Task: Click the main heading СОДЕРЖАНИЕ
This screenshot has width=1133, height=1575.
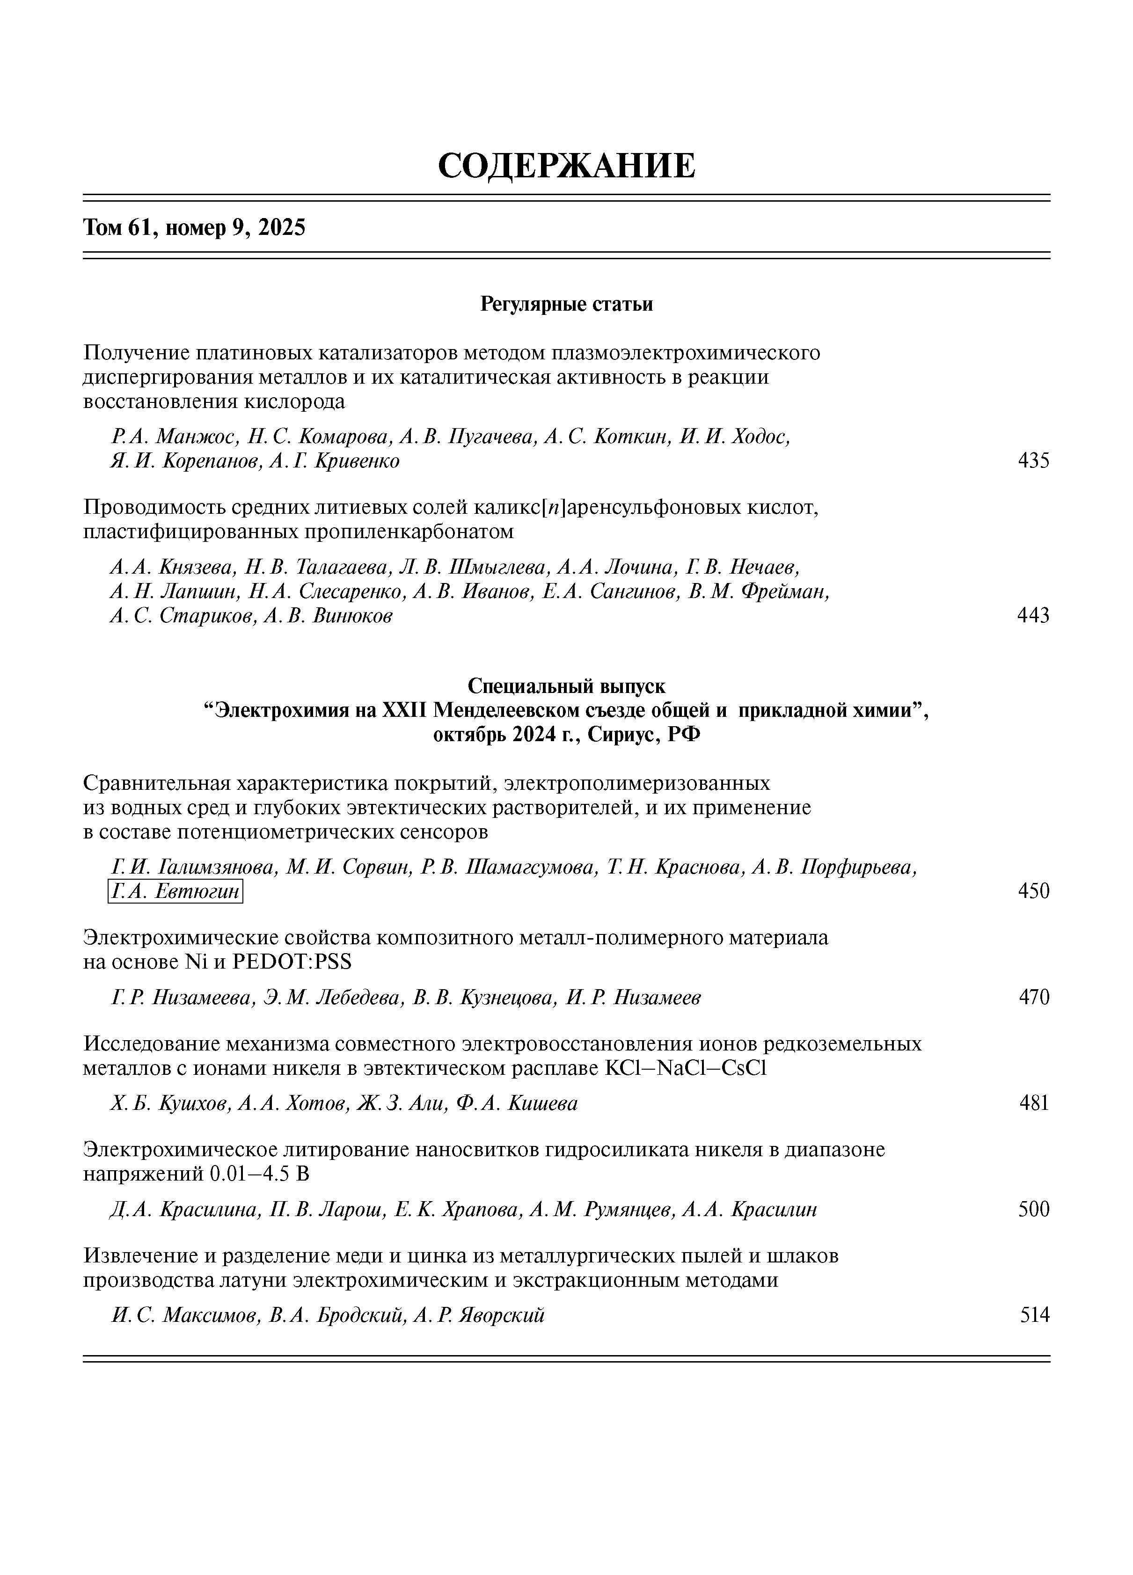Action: click(566, 166)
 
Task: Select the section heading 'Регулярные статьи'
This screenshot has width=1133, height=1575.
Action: click(566, 304)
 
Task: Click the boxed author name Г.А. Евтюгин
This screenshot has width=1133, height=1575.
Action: click(175, 891)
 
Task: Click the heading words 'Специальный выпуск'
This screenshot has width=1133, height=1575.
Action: click(566, 686)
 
